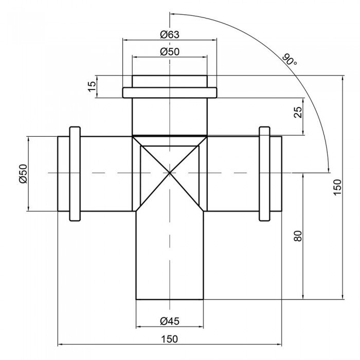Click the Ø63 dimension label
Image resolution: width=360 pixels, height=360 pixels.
170,34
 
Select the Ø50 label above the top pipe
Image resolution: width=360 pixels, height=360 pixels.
170,51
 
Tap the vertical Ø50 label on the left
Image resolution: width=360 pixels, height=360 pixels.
24,174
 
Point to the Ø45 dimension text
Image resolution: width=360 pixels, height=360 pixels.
170,321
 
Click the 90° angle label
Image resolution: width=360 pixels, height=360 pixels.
289,60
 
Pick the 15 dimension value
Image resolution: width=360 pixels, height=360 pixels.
92,86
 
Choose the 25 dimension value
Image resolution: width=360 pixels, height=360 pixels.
298,113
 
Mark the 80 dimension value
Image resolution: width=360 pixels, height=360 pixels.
298,236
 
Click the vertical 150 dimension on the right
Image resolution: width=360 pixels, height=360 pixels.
337,187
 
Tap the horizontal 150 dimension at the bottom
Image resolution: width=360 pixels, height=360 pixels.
169,339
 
